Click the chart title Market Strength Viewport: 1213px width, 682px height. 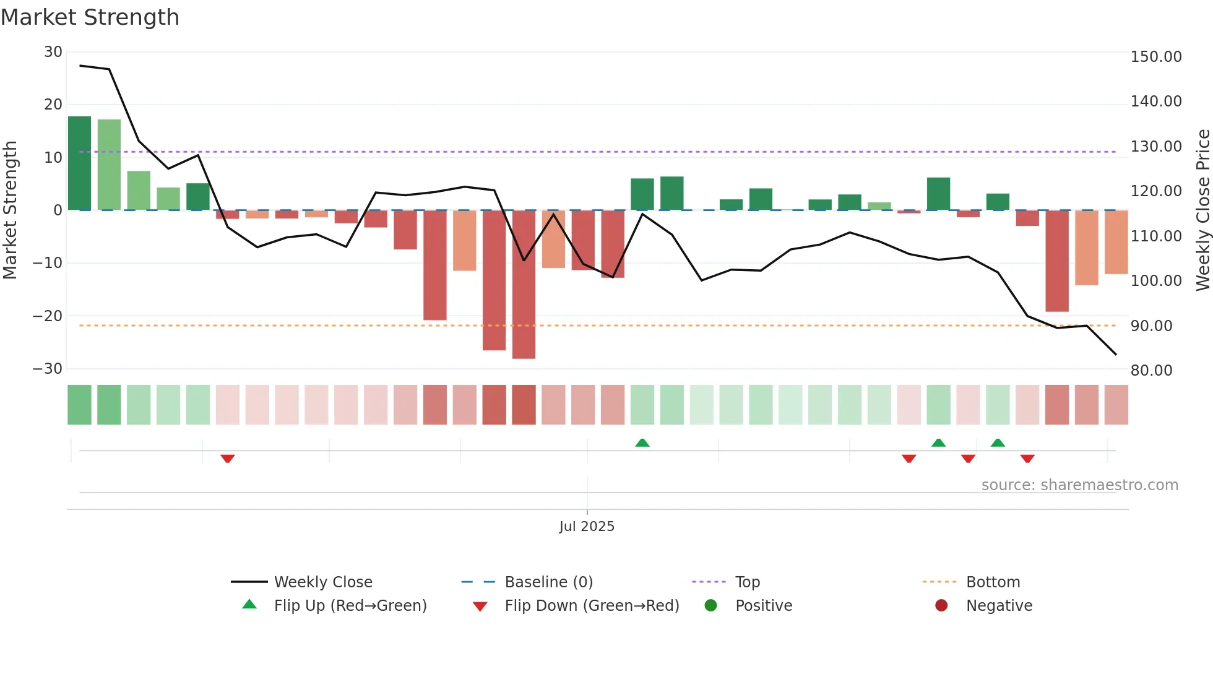pyautogui.click(x=90, y=17)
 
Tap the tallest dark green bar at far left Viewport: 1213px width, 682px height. pyautogui.click(x=79, y=163)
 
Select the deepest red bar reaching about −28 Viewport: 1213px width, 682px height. pyautogui.click(x=524, y=285)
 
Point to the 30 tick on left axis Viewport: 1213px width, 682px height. pyautogui.click(x=53, y=52)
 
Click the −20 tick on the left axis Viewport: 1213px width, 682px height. pyautogui.click(x=48, y=316)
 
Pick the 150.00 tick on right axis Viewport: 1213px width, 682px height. pyautogui.click(x=1155, y=57)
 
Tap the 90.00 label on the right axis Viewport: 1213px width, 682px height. pyautogui.click(x=1151, y=326)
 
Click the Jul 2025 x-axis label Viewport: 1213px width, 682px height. pyautogui.click(x=586, y=527)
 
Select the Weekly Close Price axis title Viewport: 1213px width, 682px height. pyautogui.click(x=1202, y=210)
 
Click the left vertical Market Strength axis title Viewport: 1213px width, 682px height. pyautogui.click(x=10, y=210)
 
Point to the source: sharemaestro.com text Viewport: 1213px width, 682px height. pyautogui.click(x=1079, y=485)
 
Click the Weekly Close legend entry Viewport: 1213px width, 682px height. pyautogui.click(x=322, y=582)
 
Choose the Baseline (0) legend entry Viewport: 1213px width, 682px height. pyautogui.click(x=548, y=582)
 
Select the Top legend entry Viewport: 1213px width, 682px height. pyautogui.click(x=747, y=582)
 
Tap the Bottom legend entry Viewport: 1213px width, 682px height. pyautogui.click(x=993, y=582)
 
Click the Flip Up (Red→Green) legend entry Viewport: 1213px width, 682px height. pyautogui.click(x=350, y=606)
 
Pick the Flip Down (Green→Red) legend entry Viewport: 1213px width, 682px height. pyautogui.click(x=591, y=606)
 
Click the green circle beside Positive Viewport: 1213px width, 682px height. pyautogui.click(x=710, y=606)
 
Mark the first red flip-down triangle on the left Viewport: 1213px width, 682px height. pyautogui.click(x=227, y=459)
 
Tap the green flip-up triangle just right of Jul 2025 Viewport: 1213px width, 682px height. pyautogui.click(x=642, y=442)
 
